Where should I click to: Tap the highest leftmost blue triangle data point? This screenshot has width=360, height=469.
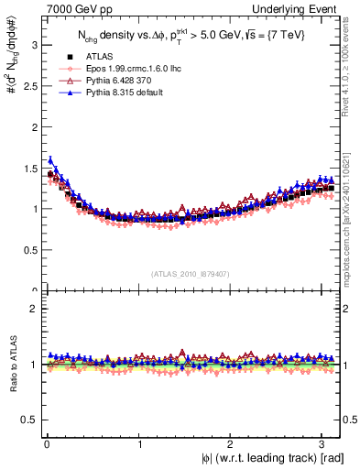point(50,159)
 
